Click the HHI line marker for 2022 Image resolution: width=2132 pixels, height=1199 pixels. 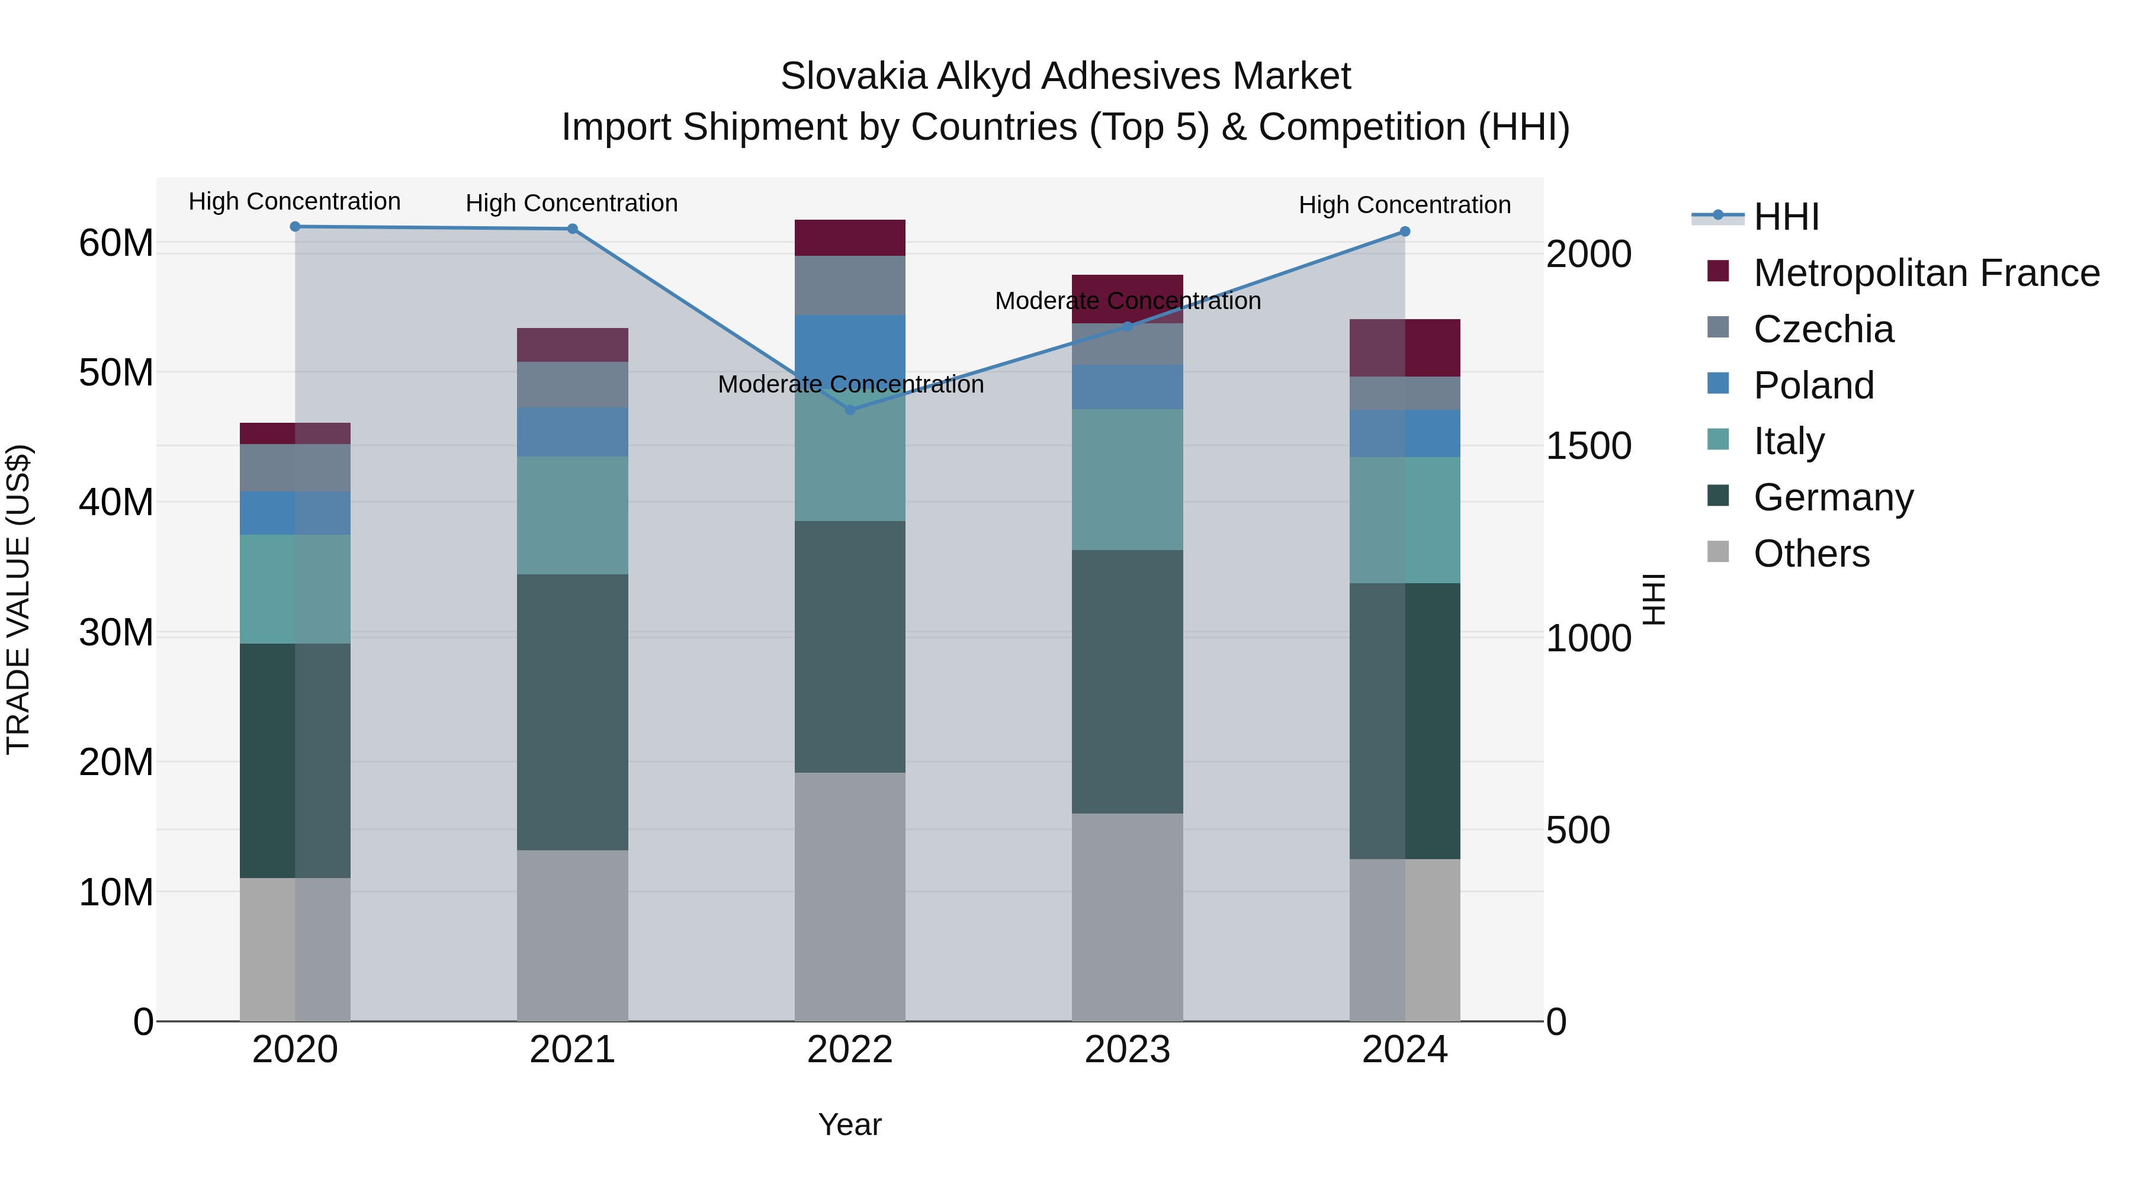point(849,410)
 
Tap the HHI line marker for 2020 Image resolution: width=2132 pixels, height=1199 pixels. point(295,226)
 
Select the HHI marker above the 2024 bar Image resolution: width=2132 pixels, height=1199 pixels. point(1405,232)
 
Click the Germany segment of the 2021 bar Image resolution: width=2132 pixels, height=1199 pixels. point(572,712)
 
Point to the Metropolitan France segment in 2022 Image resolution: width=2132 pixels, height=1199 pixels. point(849,237)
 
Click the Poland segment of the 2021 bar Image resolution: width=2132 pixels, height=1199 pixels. point(572,431)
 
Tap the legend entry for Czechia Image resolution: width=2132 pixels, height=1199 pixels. point(1823,329)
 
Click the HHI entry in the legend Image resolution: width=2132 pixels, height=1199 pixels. point(1786,217)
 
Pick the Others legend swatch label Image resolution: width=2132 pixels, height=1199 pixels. point(1811,554)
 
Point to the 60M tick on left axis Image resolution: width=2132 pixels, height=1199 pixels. point(116,243)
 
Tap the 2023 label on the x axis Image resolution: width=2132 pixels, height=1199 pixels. point(1126,1050)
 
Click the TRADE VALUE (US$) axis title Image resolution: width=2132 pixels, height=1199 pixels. point(18,599)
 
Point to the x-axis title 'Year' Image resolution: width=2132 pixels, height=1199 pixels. point(849,1124)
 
